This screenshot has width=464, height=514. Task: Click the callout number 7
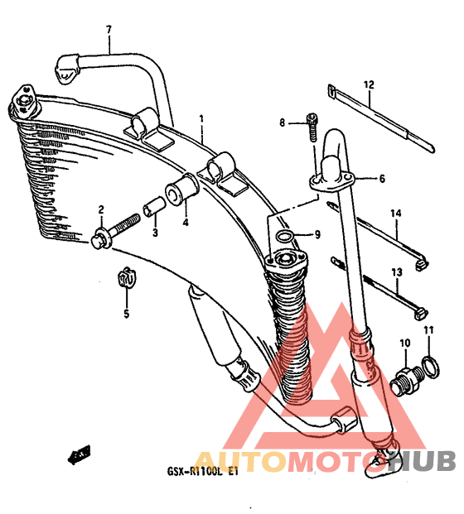click(109, 30)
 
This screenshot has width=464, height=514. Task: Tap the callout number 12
click(369, 85)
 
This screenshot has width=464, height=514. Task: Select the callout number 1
click(201, 118)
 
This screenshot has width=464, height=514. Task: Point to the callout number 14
click(396, 214)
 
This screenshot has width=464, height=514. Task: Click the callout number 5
click(127, 314)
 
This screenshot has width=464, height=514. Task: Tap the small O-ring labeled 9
click(284, 236)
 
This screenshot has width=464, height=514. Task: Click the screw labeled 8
click(312, 127)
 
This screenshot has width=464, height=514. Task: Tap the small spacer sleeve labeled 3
click(154, 207)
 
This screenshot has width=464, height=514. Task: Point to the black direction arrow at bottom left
click(79, 455)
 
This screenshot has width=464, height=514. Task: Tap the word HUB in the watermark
click(422, 460)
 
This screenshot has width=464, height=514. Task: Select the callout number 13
click(397, 272)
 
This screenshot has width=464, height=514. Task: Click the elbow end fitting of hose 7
click(67, 70)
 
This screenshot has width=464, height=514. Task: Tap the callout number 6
click(382, 179)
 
